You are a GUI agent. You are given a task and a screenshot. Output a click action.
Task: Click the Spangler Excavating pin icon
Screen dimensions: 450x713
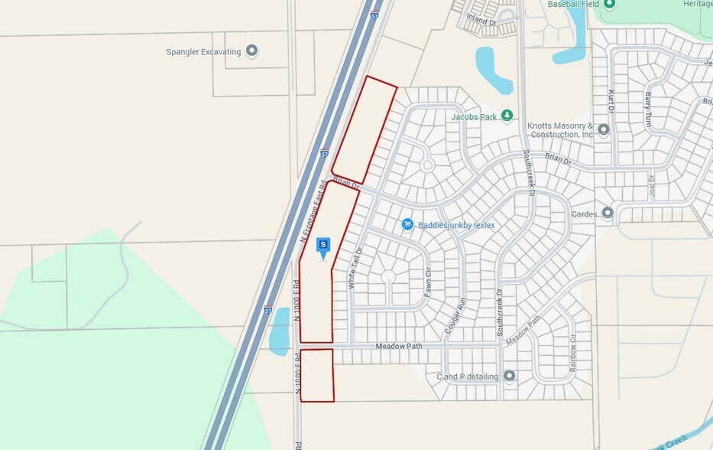(251, 51)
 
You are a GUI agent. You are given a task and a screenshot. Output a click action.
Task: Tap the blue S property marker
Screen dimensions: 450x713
(323, 246)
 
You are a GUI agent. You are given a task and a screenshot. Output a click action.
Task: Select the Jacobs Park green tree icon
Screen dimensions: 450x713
(507, 116)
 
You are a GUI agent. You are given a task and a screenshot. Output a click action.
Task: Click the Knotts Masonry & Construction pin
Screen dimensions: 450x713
(604, 129)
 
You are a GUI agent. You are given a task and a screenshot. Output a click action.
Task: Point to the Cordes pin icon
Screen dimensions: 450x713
(608, 214)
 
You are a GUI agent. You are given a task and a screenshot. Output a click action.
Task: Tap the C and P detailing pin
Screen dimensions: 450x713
(509, 376)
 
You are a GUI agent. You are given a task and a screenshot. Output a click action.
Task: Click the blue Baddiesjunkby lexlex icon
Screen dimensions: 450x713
(408, 224)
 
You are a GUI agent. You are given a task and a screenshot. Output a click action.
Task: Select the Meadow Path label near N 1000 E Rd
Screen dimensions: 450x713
(398, 347)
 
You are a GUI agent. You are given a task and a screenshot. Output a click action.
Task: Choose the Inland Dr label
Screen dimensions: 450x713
(481, 21)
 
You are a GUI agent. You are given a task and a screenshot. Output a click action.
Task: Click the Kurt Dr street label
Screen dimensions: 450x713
(611, 102)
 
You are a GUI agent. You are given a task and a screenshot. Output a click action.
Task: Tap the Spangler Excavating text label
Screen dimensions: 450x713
(203, 52)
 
